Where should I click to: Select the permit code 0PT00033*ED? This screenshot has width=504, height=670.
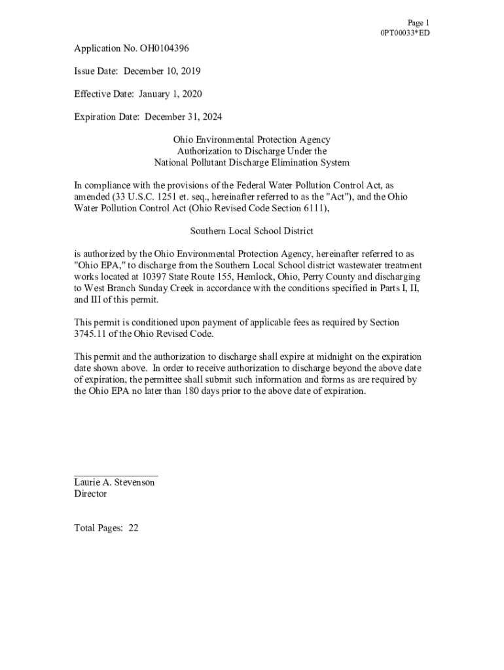pos(405,33)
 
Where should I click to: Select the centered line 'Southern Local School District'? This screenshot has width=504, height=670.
pos(251,231)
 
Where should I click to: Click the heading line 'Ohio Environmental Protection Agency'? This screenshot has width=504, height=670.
pos(251,139)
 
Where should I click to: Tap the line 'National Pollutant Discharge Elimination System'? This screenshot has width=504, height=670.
pos(251,162)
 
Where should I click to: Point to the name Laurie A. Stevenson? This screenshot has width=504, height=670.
pos(115,482)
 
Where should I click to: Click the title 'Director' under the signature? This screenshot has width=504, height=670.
pos(90,494)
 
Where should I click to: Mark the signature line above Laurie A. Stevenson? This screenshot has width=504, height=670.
pos(116,474)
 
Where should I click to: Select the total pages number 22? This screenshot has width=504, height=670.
pos(133,528)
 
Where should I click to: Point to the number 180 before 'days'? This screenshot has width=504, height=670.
pos(179,391)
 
